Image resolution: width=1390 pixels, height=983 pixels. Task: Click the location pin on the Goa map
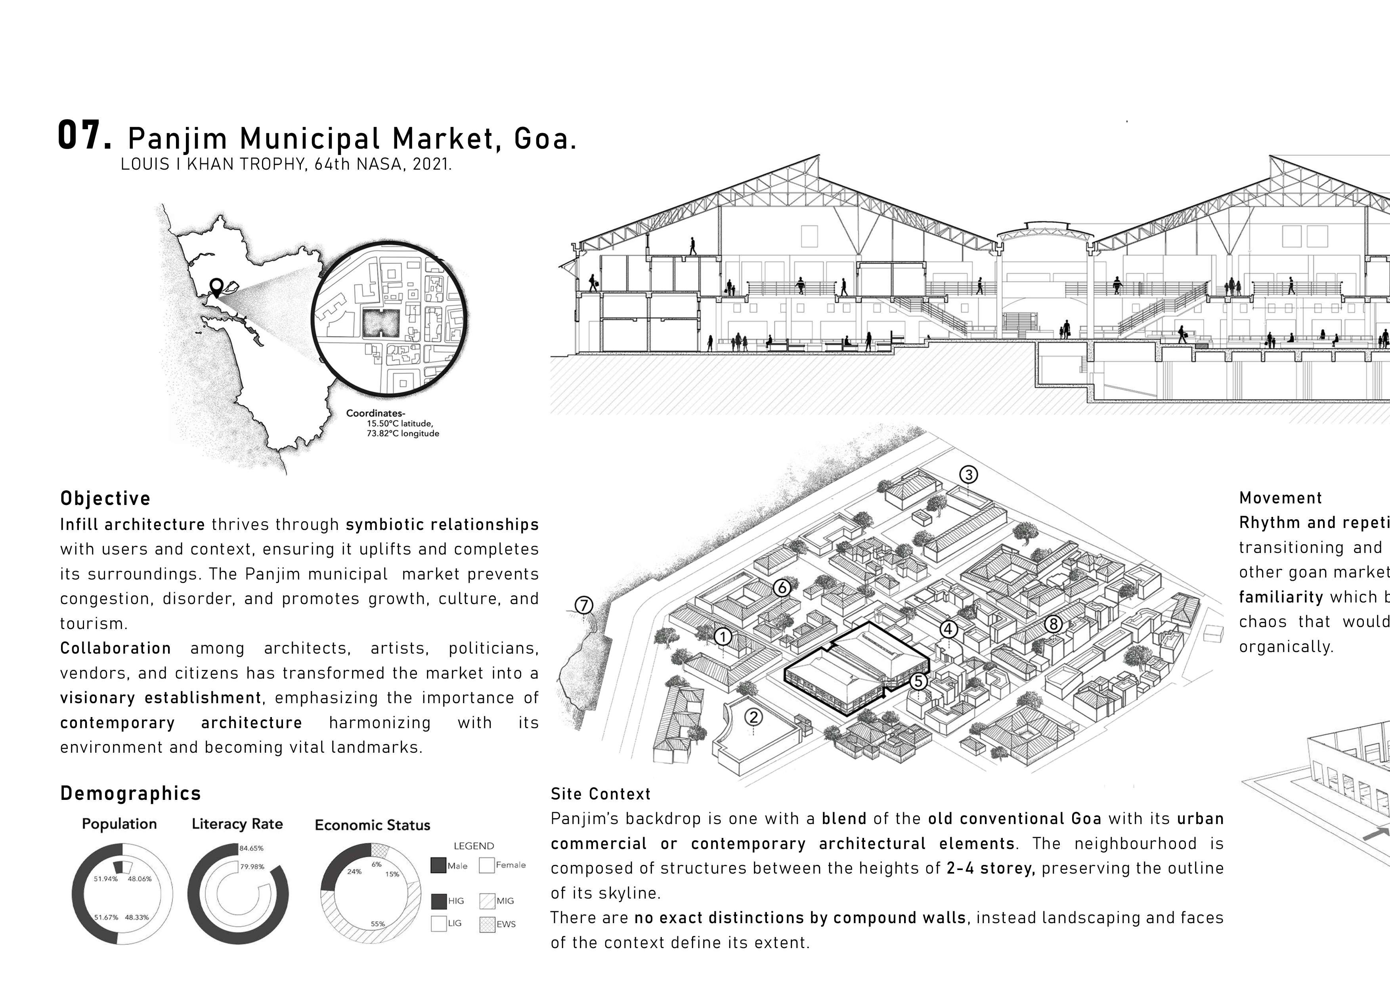click(x=216, y=286)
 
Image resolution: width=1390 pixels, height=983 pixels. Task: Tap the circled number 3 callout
click(x=969, y=474)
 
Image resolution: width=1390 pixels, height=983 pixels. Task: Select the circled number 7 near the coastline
click(x=583, y=605)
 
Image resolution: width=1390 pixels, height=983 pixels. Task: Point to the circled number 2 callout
click(x=753, y=717)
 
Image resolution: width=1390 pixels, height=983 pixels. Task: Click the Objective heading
click(x=105, y=499)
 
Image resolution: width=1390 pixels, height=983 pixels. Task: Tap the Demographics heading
click(x=131, y=794)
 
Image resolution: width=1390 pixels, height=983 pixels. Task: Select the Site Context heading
click(x=600, y=794)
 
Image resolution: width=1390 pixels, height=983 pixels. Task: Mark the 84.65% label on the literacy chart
click(x=251, y=848)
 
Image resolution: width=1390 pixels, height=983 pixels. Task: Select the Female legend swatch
click(x=487, y=865)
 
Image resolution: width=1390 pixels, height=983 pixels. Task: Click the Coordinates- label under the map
click(x=375, y=413)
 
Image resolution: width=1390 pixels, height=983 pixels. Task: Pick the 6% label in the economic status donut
click(x=377, y=864)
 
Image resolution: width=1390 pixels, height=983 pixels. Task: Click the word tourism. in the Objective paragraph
click(x=93, y=623)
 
